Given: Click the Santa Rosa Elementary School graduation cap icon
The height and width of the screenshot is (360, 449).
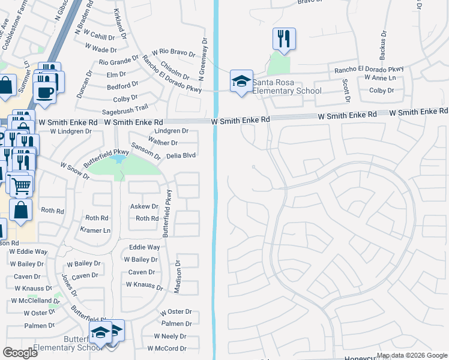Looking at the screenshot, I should [x=241, y=82].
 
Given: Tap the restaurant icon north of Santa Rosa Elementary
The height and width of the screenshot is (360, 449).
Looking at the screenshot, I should [x=283, y=39].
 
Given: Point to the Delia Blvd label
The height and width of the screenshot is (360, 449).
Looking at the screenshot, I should [x=181, y=155].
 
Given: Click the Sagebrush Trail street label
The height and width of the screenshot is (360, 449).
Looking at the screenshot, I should [x=125, y=108].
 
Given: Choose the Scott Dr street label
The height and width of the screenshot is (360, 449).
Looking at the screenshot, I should [x=346, y=89].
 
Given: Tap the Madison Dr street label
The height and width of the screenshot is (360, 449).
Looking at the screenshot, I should [x=178, y=277].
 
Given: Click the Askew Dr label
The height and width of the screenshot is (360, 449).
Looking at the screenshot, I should [x=144, y=206].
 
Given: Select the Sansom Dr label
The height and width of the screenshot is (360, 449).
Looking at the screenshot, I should [x=146, y=151].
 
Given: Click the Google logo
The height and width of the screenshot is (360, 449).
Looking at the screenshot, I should [x=20, y=353].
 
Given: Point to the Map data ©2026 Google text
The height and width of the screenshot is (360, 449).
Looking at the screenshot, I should [x=412, y=355].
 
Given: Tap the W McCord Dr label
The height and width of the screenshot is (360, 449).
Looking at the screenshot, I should [x=170, y=349].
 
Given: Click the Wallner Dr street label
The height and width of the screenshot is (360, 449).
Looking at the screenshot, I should [x=162, y=143].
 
